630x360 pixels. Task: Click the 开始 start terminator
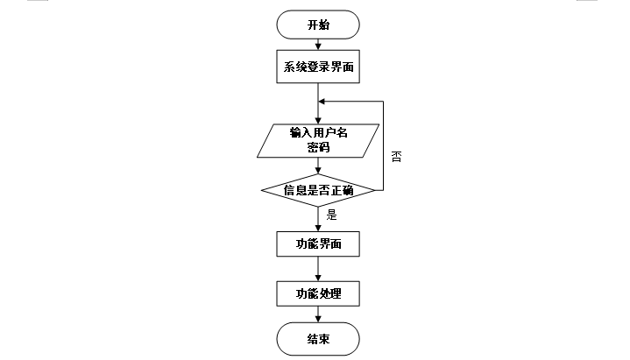(x=318, y=25)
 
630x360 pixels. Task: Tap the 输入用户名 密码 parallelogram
(x=318, y=140)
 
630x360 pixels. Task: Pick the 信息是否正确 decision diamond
(x=318, y=189)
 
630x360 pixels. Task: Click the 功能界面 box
(x=318, y=244)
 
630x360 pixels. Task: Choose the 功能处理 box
(x=318, y=293)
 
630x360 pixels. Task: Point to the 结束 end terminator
(x=318, y=340)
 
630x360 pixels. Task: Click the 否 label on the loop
(x=396, y=157)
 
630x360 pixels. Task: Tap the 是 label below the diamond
(x=331, y=213)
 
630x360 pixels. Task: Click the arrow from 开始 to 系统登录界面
(x=318, y=45)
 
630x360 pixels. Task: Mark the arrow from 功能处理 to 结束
(x=318, y=315)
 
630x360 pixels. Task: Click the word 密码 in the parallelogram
(x=318, y=147)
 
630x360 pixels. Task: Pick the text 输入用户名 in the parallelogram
(x=318, y=133)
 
